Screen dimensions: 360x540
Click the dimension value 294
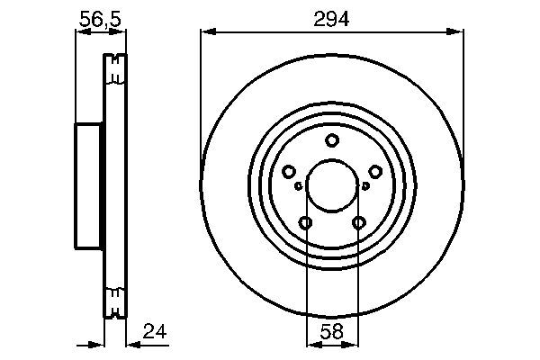[332, 16]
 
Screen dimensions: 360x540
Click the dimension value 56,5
[100, 16]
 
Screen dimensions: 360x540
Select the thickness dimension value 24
[155, 331]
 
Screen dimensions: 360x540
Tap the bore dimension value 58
[332, 332]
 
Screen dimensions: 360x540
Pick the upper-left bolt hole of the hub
[289, 172]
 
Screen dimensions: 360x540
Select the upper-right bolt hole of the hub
[375, 172]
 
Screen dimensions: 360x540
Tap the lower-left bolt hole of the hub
[306, 223]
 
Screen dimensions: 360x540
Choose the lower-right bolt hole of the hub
[359, 223]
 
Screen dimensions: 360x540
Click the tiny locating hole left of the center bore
[298, 186]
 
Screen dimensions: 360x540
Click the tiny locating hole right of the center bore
[366, 186]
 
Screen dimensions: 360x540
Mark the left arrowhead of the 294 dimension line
[206, 31]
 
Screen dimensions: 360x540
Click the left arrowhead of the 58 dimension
[310, 343]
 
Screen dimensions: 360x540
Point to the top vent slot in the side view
[113, 70]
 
